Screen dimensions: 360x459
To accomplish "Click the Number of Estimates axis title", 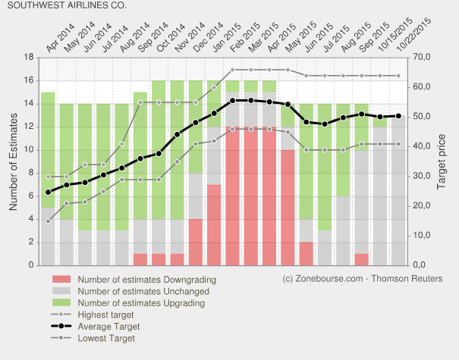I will click(x=13, y=161).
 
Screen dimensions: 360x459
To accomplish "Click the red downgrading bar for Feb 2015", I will click(x=232, y=197).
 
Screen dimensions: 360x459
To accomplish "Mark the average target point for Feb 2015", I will click(x=232, y=100).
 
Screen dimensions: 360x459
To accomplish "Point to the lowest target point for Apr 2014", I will click(x=48, y=221).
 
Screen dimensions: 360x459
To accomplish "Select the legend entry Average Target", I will click(x=108, y=327).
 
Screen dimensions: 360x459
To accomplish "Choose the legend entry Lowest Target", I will click(x=107, y=339).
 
